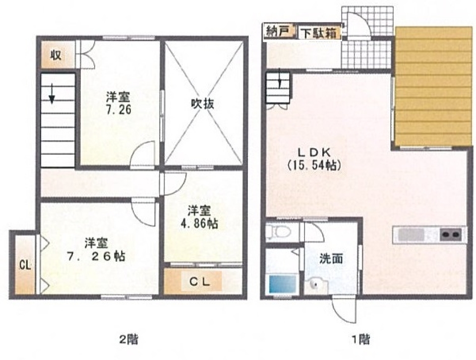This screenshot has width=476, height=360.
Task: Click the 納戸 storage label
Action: tap(277, 31)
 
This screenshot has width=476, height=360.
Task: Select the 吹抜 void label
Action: tap(202, 104)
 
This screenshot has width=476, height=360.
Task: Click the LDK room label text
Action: tap(314, 152)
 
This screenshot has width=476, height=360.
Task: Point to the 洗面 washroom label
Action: tap(331, 259)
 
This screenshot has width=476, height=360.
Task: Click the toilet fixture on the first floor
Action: tap(278, 232)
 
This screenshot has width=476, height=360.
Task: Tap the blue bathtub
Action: tap(282, 284)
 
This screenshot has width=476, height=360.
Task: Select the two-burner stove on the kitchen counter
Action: tap(451, 235)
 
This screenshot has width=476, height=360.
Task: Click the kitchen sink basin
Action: tap(411, 235)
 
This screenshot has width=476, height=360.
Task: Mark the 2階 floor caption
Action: tap(128, 339)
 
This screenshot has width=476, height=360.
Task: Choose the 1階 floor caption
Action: tap(360, 339)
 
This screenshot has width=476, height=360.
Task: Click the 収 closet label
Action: tap(56, 55)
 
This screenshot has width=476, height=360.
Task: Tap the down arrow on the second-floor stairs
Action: tap(52, 94)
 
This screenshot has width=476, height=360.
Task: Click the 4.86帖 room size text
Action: tap(199, 224)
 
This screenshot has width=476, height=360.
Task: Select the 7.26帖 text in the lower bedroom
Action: tap(96, 256)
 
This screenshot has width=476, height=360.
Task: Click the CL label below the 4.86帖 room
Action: tap(199, 282)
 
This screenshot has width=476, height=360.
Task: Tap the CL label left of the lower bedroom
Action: tap(25, 265)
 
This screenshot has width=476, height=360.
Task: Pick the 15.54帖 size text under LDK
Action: tap(314, 165)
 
